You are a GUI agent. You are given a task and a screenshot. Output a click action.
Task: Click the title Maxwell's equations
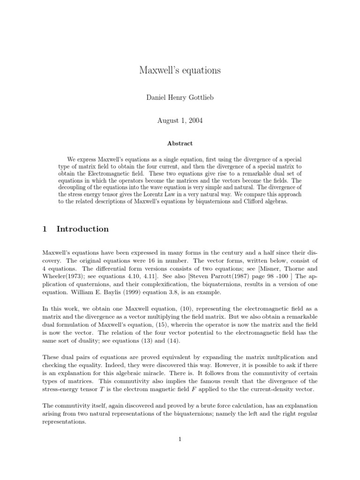pyautogui.click(x=180, y=71)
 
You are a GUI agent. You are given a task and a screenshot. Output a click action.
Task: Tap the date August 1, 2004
pyautogui.click(x=180, y=120)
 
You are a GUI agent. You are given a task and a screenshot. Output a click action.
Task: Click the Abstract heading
pyautogui.click(x=180, y=143)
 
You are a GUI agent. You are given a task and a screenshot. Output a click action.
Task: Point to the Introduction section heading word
pyautogui.click(x=82, y=229)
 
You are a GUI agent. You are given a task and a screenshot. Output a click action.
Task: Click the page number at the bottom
pyautogui.click(x=180, y=439)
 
